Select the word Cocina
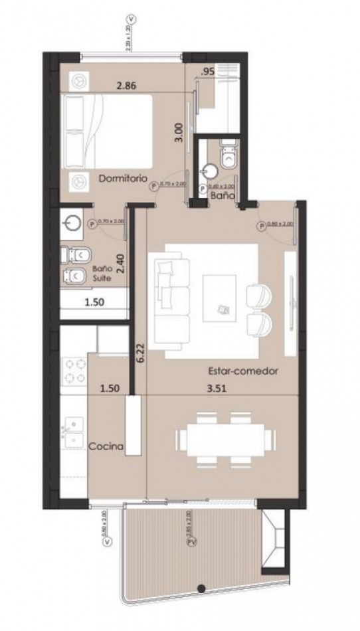tap(106, 447)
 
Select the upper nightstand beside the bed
tap(78, 79)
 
